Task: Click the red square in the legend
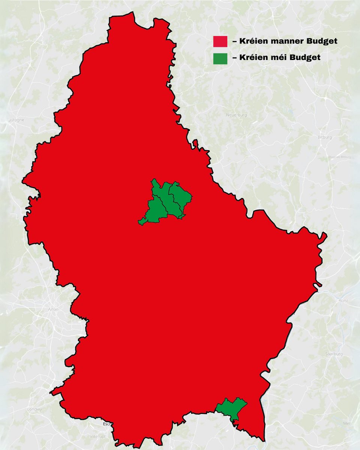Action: pyautogui.click(x=220, y=41)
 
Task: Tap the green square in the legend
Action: pyautogui.click(x=220, y=58)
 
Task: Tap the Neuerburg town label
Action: pyautogui.click(x=236, y=115)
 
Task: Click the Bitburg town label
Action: pyautogui.click(x=325, y=138)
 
